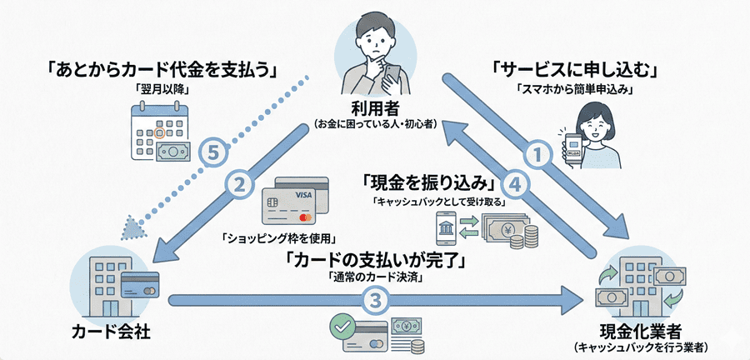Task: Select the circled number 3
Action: tap(376, 298)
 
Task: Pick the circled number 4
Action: tap(517, 186)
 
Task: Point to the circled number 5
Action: tap(214, 152)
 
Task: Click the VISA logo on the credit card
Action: tap(302, 193)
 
